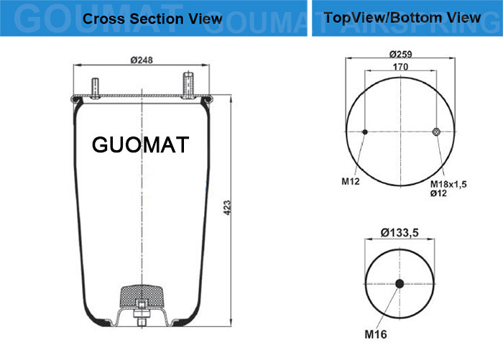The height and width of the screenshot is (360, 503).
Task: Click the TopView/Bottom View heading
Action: click(402, 17)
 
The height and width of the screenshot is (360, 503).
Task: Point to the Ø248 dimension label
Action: click(144, 60)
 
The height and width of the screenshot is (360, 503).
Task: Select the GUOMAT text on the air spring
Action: click(141, 144)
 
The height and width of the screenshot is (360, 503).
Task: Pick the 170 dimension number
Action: click(401, 66)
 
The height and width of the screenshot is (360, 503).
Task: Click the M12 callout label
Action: click(350, 181)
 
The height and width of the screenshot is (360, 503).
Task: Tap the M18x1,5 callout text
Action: click(448, 185)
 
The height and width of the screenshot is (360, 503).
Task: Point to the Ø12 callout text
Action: click(438, 193)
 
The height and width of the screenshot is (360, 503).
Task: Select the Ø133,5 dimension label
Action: click(400, 232)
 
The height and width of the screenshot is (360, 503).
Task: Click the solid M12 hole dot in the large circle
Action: click(365, 131)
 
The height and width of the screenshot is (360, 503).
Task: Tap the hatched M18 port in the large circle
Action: click(436, 131)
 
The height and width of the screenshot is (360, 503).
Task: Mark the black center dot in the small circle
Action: click(400, 283)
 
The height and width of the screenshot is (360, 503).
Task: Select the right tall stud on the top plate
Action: click(189, 83)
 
